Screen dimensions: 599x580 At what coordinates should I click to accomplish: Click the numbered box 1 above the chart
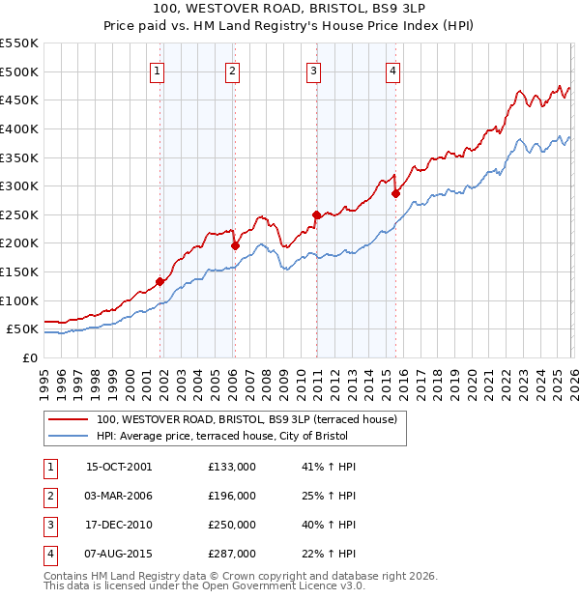(x=158, y=69)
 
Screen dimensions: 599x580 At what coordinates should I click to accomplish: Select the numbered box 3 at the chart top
(x=315, y=69)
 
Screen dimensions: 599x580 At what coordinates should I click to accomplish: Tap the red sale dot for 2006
(x=234, y=245)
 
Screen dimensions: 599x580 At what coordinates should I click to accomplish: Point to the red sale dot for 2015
(x=394, y=193)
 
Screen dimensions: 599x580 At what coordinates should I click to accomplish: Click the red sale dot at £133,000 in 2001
(x=159, y=281)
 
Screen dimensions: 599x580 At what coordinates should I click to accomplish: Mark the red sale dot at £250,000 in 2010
(x=316, y=214)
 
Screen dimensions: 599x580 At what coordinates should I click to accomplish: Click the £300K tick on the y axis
(x=19, y=185)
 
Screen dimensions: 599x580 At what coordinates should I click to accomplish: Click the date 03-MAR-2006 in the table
(x=119, y=496)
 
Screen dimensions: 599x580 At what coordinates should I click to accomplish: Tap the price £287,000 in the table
(x=232, y=554)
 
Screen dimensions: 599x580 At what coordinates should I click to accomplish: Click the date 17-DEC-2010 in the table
(x=119, y=525)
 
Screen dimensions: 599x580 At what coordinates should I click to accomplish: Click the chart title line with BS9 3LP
(x=290, y=11)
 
